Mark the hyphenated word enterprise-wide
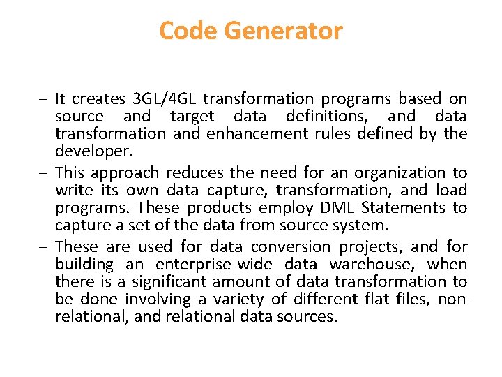pos(215,264)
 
